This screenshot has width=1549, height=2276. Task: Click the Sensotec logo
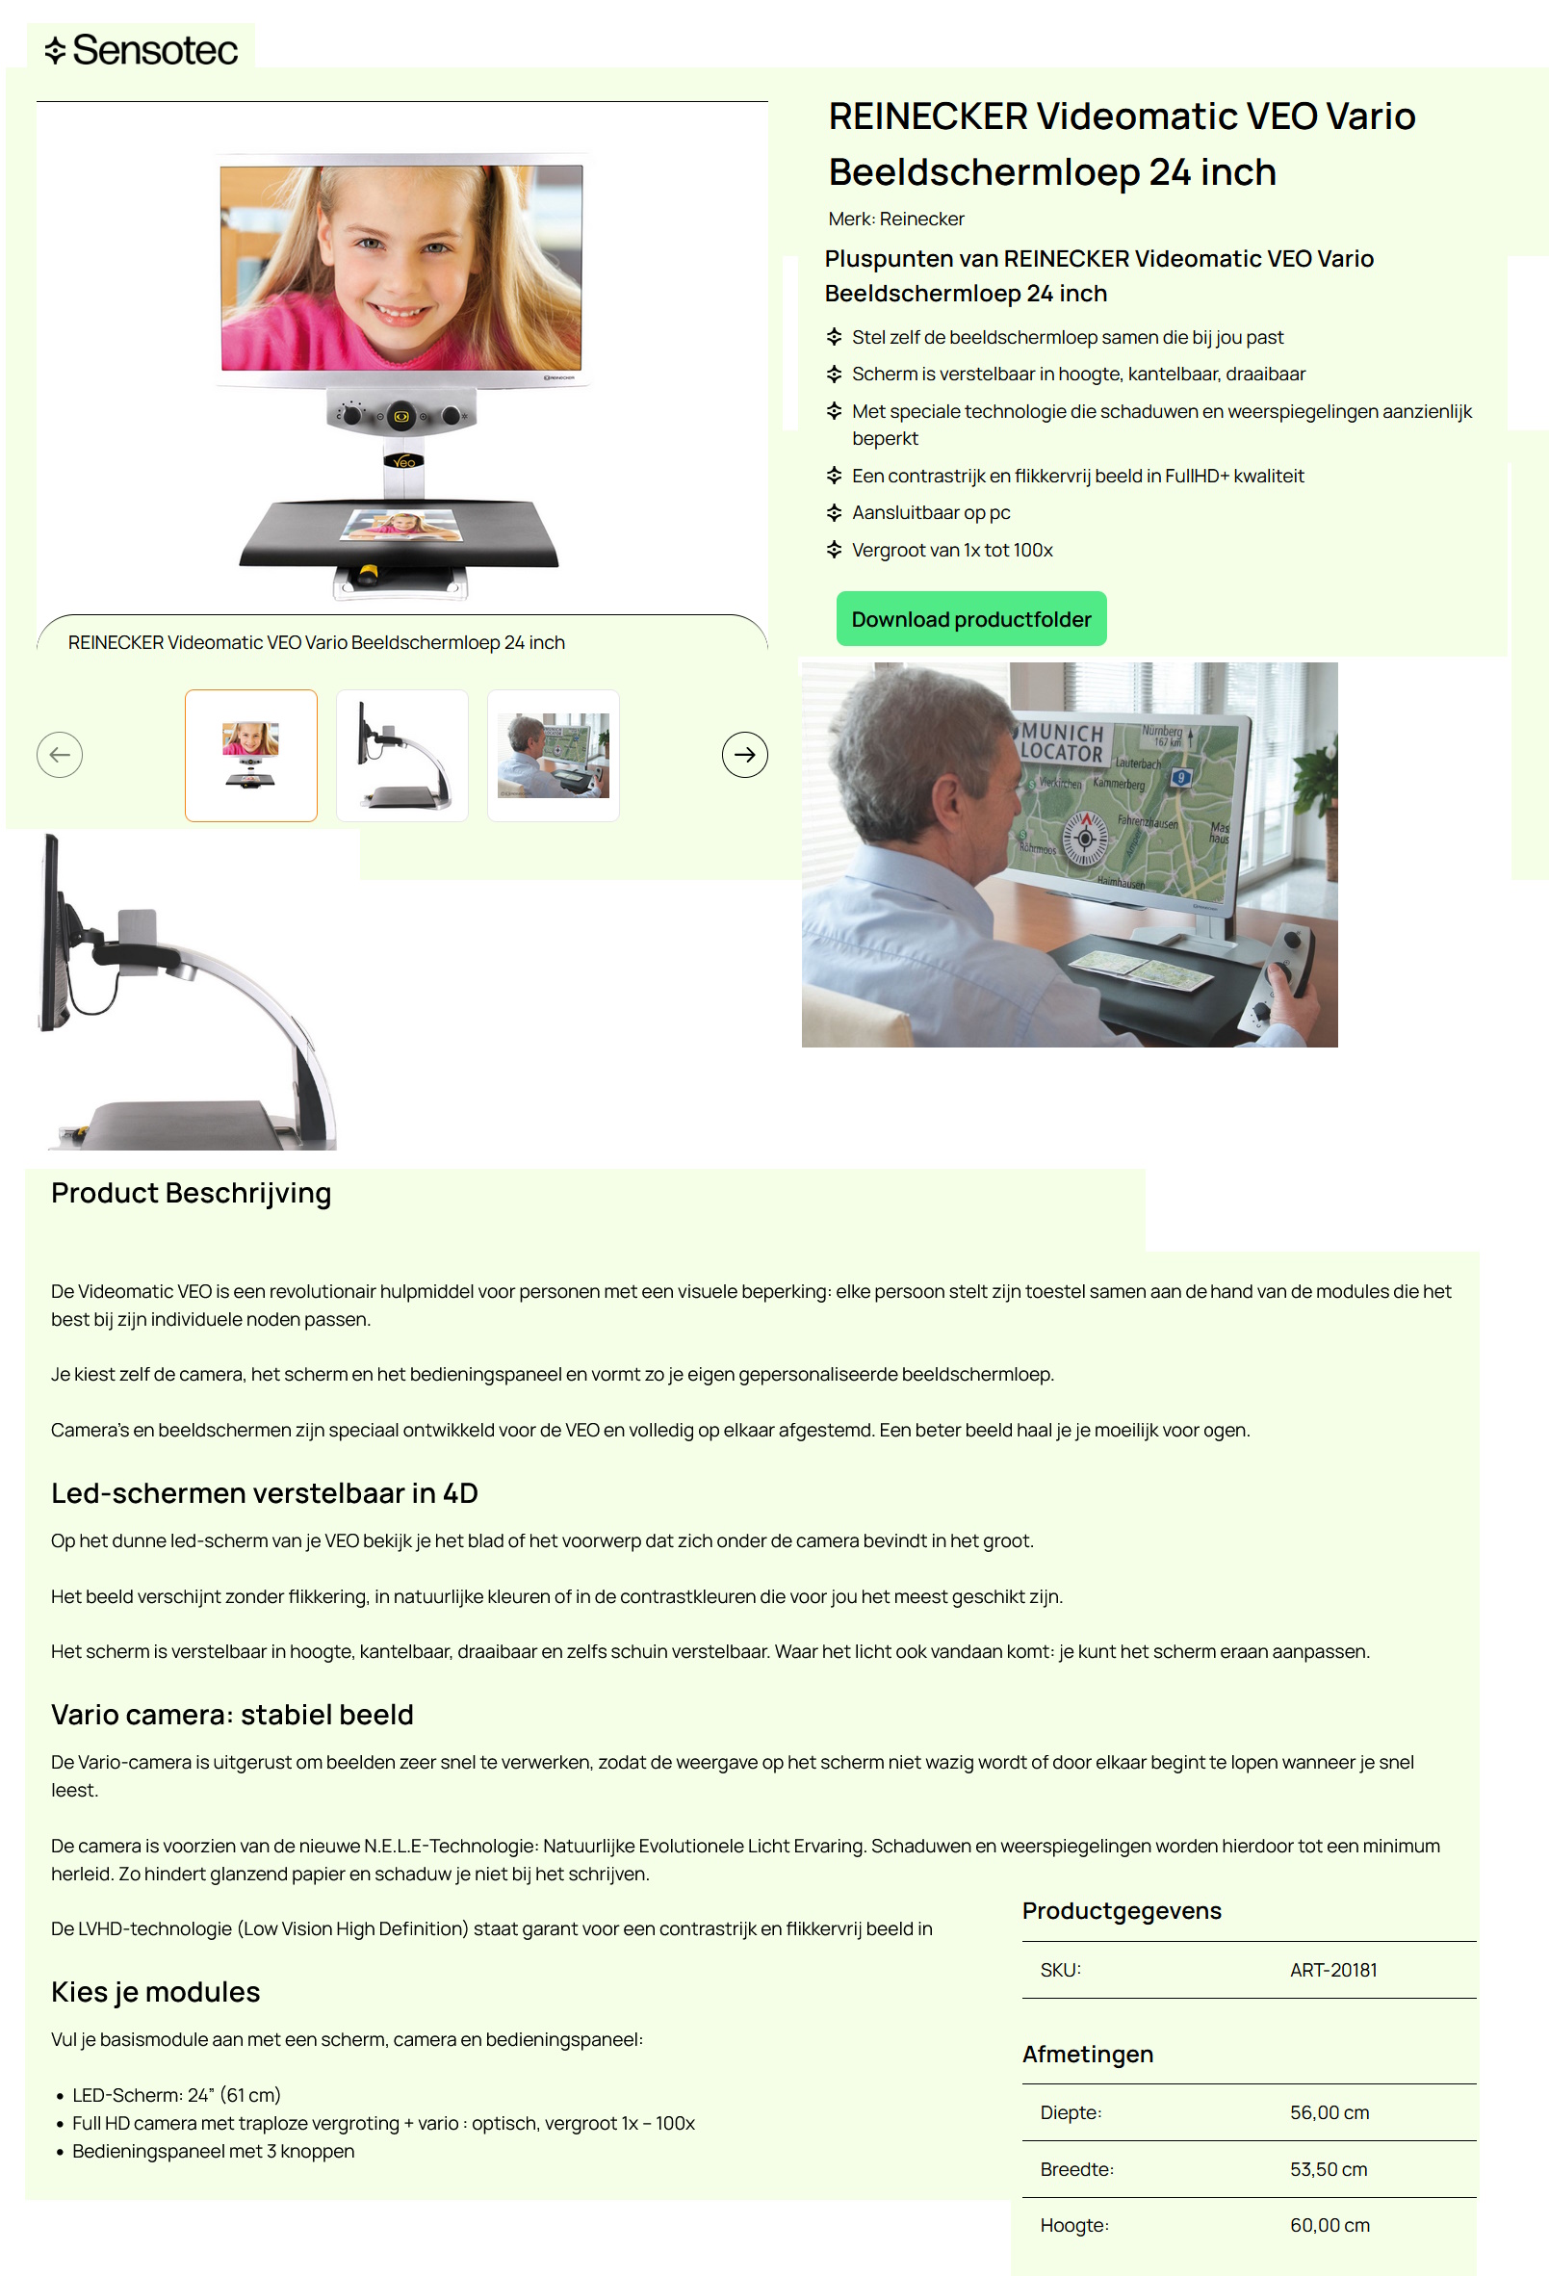[x=141, y=50]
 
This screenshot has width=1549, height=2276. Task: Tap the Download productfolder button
[x=970, y=619]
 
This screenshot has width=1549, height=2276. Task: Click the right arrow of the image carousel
[x=744, y=755]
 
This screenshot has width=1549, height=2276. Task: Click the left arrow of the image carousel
[x=60, y=755]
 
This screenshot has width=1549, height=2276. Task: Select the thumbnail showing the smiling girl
[x=250, y=755]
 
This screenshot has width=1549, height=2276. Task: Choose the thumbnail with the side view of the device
[x=401, y=755]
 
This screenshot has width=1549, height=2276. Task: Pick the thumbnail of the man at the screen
[x=553, y=755]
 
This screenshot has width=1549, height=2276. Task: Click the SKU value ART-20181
[x=1332, y=1971]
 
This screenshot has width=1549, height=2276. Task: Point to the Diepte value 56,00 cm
[x=1329, y=2113]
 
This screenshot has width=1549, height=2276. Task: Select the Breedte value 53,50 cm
[x=1328, y=2170]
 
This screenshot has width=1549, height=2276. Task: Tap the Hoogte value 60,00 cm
[x=1329, y=2226]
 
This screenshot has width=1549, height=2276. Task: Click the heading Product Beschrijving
[x=191, y=1194]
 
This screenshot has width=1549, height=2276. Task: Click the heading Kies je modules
[x=156, y=1993]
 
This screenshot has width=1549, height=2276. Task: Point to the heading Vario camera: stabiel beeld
[x=232, y=1716]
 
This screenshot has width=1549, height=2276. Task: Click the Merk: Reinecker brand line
[x=896, y=220]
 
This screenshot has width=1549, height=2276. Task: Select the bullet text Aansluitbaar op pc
[x=930, y=513]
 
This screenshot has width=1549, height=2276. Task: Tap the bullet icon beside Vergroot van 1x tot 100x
[x=834, y=551]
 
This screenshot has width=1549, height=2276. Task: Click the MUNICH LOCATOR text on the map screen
[x=1063, y=743]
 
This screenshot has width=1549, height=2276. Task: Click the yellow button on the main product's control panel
[x=400, y=417]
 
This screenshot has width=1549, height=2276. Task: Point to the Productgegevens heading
[x=1122, y=1912]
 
